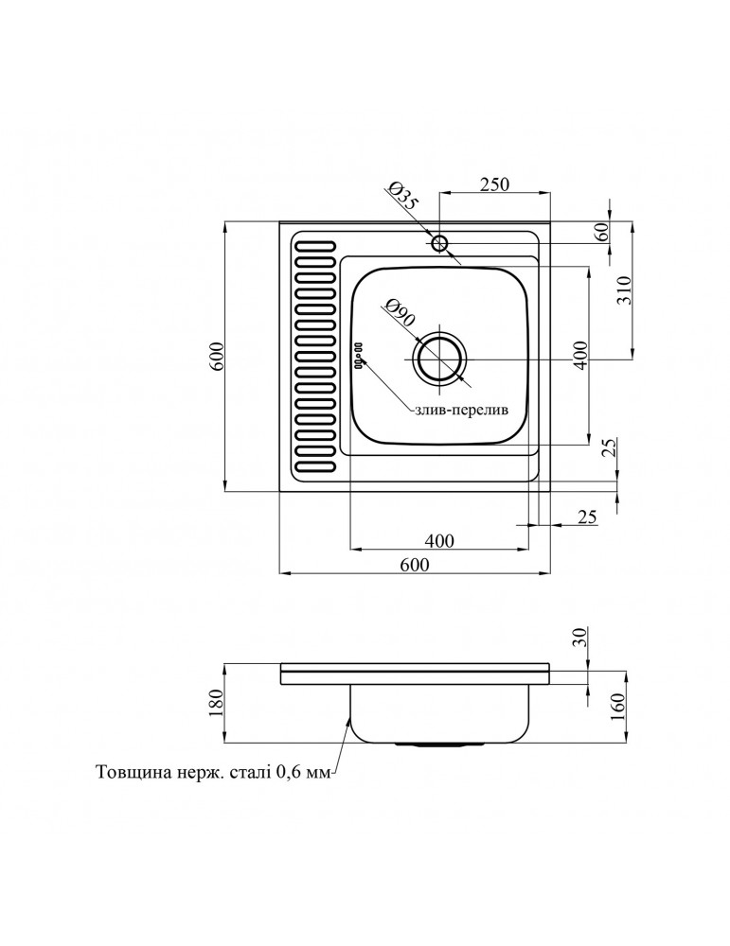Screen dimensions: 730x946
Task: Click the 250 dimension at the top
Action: point(494,184)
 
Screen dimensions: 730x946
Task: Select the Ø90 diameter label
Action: point(399,312)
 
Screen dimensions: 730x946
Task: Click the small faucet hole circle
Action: point(439,243)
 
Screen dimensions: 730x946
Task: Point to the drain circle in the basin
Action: point(439,360)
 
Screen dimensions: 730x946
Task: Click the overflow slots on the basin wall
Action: point(358,355)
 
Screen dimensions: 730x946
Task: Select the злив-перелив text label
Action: point(462,410)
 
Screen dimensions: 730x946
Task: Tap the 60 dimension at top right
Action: point(601,232)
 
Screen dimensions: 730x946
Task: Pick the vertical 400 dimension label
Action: point(579,356)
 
